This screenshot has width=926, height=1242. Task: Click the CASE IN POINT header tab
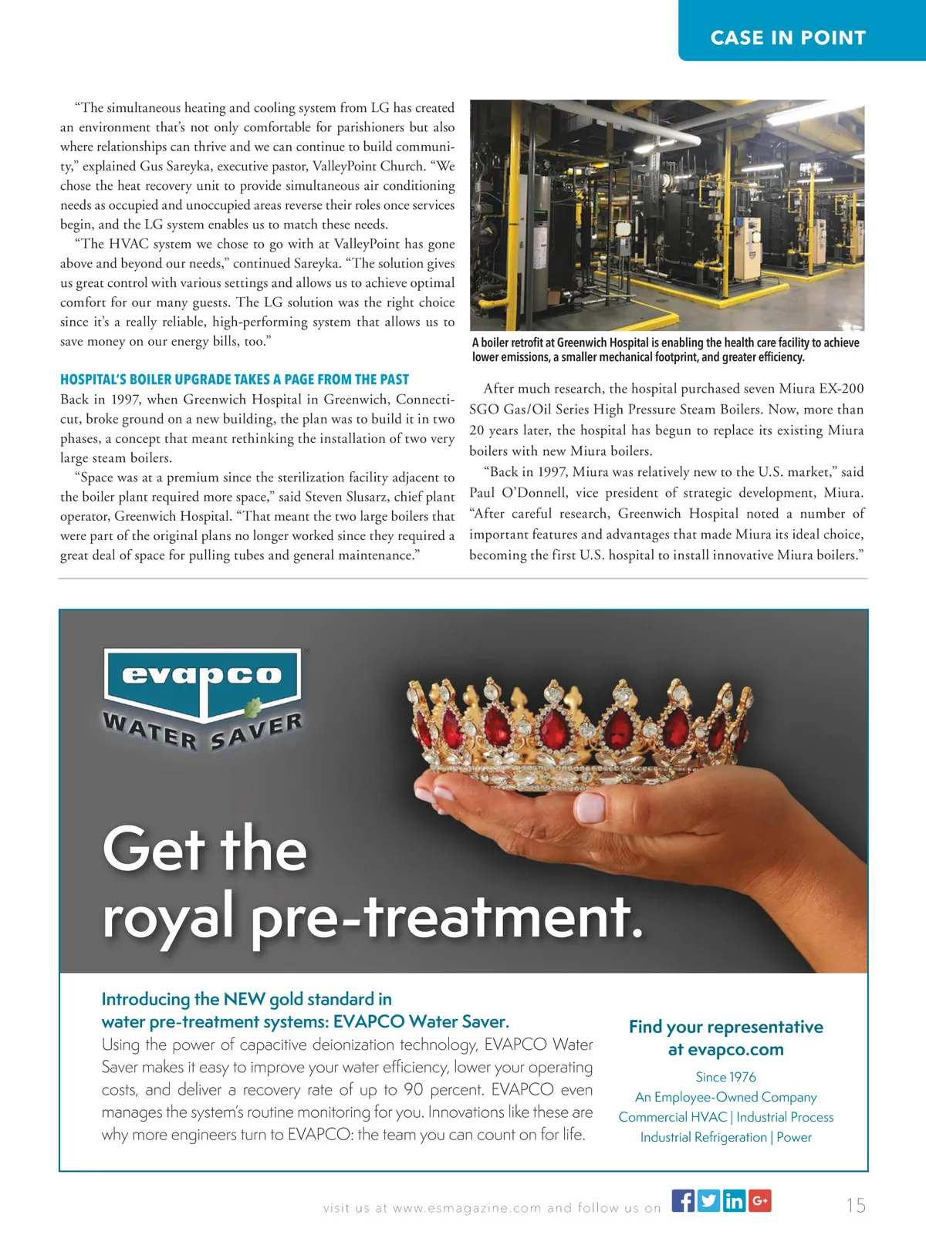[x=788, y=38]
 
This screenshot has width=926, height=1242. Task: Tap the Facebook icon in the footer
[x=683, y=1200]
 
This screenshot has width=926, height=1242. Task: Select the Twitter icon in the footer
[x=708, y=1200]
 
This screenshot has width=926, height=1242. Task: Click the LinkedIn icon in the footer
[x=734, y=1200]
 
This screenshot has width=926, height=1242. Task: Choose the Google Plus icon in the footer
[x=759, y=1200]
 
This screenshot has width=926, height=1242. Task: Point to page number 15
[x=856, y=1205]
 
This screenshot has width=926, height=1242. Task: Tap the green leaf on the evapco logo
[x=252, y=707]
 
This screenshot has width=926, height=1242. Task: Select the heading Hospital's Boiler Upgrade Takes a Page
[x=235, y=380]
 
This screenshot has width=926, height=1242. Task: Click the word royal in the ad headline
[x=168, y=916]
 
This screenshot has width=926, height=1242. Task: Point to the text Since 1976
[x=725, y=1077]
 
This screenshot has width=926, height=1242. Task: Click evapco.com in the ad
[x=725, y=1049]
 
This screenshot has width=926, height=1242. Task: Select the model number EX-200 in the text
[x=841, y=389]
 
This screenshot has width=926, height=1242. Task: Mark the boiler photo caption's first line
[x=665, y=343]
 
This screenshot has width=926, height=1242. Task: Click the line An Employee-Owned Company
[x=725, y=1097]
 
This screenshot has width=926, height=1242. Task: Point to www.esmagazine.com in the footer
[x=467, y=1208]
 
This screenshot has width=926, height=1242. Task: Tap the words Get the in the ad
[x=204, y=849]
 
